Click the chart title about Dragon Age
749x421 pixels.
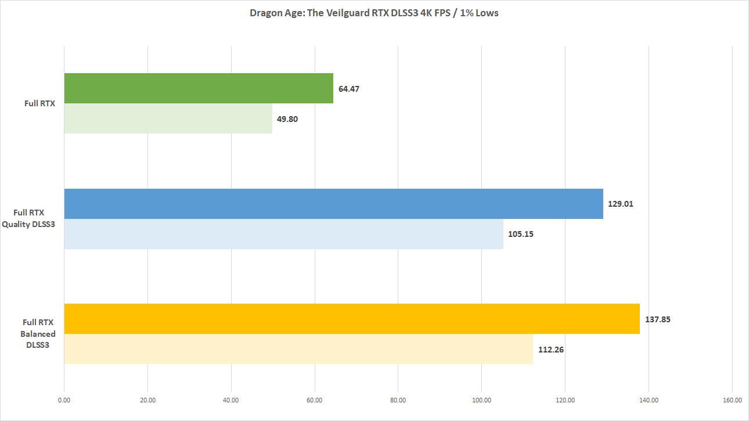coord(374,13)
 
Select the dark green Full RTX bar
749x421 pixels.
coord(199,88)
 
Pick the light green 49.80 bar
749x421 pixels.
coord(168,118)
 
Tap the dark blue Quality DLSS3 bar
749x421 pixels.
coord(333,204)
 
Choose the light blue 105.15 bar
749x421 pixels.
coord(283,234)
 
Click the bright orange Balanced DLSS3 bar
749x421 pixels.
coord(352,319)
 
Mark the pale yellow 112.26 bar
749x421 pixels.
coord(298,349)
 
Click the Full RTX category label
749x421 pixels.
coord(40,104)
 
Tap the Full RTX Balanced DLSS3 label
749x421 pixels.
coord(38,334)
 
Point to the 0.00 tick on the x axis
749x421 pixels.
coord(64,400)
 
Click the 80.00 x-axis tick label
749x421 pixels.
coord(398,400)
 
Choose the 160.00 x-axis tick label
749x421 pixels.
coord(732,400)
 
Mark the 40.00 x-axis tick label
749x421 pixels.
coord(231,400)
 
